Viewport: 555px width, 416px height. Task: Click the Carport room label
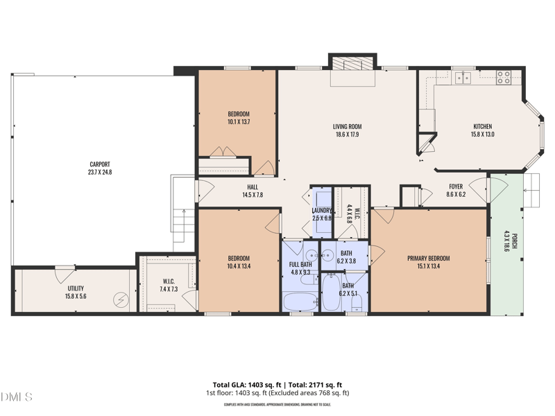(x=99, y=164)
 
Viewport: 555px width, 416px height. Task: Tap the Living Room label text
(x=347, y=127)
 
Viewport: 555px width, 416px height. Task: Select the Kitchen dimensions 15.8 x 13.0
(x=483, y=135)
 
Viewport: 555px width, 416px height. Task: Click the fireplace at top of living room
(x=352, y=64)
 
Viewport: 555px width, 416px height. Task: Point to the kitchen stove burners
(x=503, y=78)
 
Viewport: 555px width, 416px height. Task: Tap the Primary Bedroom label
(x=428, y=259)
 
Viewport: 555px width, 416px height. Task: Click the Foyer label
(x=456, y=186)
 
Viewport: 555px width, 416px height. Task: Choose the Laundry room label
(x=323, y=210)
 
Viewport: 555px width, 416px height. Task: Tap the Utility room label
(x=76, y=288)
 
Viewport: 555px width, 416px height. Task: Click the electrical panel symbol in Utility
(x=123, y=300)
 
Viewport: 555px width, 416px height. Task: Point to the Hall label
(x=253, y=187)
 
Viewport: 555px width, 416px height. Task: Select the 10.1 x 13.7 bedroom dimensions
(x=239, y=122)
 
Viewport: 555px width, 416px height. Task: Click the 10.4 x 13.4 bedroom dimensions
(x=239, y=266)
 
